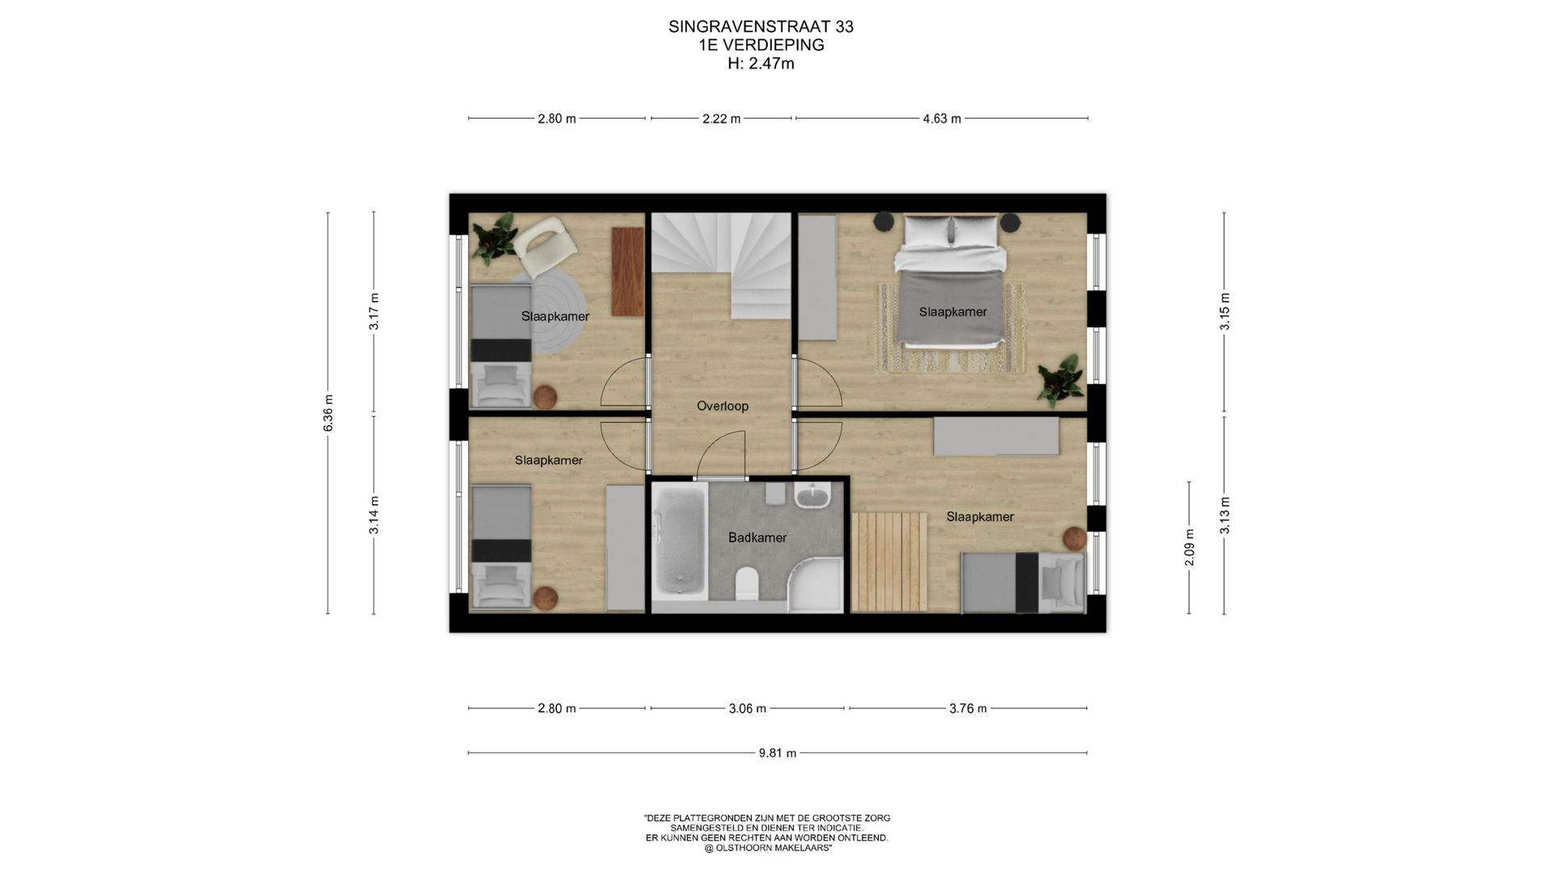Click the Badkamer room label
coord(757,538)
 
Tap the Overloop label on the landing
coord(723,406)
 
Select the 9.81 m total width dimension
coord(778,753)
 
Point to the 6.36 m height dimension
coord(328,413)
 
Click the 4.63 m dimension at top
coord(942,119)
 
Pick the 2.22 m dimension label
coord(721,119)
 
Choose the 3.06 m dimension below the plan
coord(747,709)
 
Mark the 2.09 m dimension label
coord(1189,547)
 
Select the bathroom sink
coord(812,495)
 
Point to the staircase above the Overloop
coord(722,263)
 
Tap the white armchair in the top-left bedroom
coord(546,247)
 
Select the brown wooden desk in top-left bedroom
coord(627,272)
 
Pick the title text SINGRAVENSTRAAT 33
coord(761,27)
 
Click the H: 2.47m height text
coord(761,64)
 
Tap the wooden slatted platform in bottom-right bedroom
coord(889,561)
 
